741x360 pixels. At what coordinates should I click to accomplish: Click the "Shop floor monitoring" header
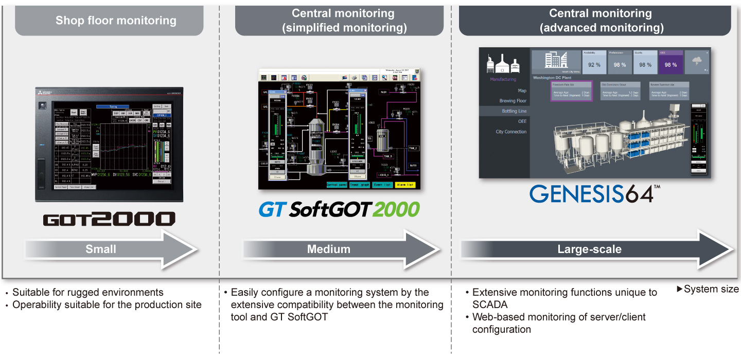[x=116, y=21]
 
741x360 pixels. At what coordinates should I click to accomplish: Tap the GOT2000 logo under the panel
[x=109, y=219]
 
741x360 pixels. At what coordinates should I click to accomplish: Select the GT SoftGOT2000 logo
[x=339, y=209]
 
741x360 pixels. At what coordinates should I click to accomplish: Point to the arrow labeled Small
[x=111, y=249]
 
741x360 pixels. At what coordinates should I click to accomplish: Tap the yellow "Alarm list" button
[x=404, y=185]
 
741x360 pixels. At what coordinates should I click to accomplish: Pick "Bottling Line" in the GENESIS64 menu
[x=514, y=111]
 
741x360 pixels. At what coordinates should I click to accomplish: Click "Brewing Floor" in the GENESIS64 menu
[x=513, y=101]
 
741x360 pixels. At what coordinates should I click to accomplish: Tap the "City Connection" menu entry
[x=511, y=132]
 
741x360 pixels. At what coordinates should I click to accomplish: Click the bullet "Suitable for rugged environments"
[x=87, y=293]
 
